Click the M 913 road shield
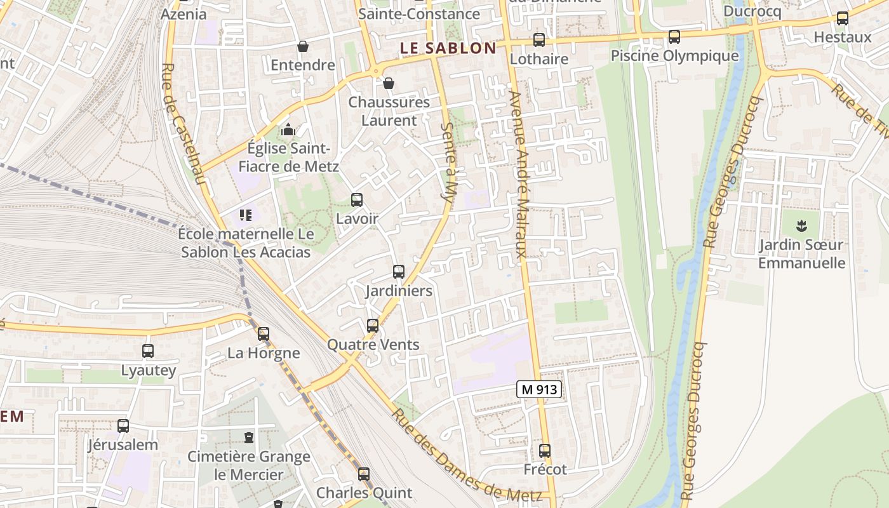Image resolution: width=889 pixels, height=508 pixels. click(x=539, y=389)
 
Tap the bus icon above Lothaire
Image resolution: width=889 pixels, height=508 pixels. click(x=539, y=40)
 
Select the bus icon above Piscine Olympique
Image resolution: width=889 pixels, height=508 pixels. click(x=674, y=37)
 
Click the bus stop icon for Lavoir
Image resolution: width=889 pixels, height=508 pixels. click(x=357, y=200)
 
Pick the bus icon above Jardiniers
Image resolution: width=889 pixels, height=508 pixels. click(x=399, y=272)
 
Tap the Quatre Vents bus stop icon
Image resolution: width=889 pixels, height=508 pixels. click(x=373, y=326)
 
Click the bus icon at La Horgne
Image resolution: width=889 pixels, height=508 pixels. click(x=264, y=333)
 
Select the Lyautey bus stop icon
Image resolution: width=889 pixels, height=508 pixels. click(x=148, y=351)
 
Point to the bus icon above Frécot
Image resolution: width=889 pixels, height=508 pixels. click(x=545, y=451)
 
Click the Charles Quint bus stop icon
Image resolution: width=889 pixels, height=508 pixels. click(x=364, y=474)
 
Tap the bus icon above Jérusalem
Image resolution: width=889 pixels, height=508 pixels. click(x=123, y=426)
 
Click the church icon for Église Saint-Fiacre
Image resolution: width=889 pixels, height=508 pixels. click(x=289, y=130)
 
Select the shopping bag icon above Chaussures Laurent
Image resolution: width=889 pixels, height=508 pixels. click(x=389, y=83)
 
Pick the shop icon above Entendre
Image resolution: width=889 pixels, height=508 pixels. click(x=303, y=46)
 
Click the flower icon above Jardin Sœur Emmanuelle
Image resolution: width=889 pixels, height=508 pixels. click(x=802, y=225)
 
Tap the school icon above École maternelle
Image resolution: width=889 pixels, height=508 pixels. click(x=246, y=215)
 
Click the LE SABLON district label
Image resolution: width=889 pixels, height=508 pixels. click(x=448, y=48)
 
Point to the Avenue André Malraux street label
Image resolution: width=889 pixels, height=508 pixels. click(x=519, y=175)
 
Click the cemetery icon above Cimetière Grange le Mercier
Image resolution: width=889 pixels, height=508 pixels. click(x=249, y=438)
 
